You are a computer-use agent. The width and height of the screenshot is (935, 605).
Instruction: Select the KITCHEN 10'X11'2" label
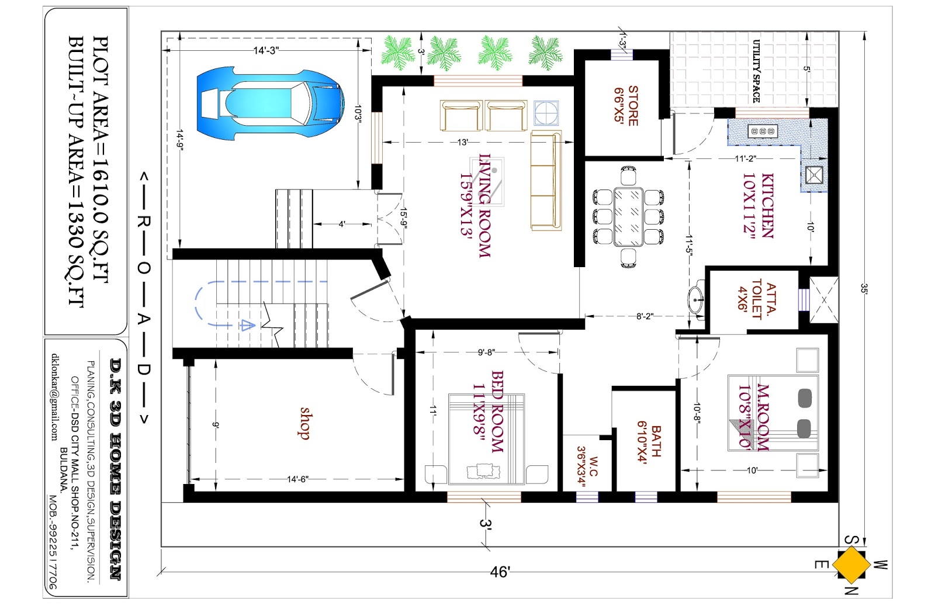[758, 205]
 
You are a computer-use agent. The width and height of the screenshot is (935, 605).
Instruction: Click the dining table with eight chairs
[628, 217]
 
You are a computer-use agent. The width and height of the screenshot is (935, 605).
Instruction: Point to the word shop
[304, 423]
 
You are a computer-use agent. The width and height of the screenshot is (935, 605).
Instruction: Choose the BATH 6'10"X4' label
[649, 442]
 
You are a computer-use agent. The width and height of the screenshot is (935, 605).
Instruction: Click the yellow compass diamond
[851, 565]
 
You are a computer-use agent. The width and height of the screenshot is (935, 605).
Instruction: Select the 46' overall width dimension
[500, 572]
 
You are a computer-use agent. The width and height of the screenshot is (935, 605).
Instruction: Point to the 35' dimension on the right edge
[864, 288]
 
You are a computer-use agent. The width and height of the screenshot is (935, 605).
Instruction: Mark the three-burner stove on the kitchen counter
[763, 131]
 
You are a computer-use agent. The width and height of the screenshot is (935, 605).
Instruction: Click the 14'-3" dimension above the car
[266, 51]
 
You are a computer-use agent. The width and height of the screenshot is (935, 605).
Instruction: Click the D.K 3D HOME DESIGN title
[116, 468]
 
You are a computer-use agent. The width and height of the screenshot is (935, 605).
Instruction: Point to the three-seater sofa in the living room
[545, 180]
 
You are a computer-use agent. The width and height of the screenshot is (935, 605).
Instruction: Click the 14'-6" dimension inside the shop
[297, 479]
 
